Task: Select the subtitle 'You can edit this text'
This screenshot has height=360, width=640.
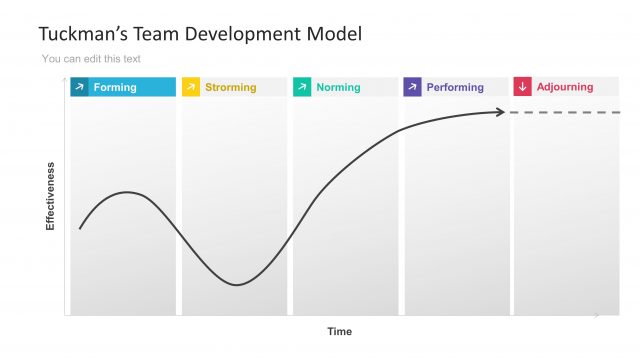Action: [91, 59]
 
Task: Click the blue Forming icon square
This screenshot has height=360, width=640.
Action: [79, 87]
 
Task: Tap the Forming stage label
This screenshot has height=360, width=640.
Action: [115, 87]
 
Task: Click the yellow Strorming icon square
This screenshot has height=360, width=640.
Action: [190, 87]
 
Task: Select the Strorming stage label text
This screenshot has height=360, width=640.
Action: [230, 87]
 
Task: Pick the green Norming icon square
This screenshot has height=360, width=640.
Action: [301, 87]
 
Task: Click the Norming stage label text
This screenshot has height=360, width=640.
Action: [338, 87]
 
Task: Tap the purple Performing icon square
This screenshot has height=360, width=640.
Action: [412, 87]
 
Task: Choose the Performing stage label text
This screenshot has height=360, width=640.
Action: [455, 87]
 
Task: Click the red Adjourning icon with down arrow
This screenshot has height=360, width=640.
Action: [522, 87]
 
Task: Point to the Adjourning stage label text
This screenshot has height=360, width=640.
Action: [564, 87]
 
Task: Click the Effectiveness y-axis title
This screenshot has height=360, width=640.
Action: [50, 196]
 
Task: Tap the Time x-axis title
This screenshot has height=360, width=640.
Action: [340, 331]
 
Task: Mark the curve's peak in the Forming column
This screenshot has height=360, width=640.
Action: [126, 192]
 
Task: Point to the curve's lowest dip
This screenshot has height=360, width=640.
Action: [236, 285]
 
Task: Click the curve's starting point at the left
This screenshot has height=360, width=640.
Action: [80, 229]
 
